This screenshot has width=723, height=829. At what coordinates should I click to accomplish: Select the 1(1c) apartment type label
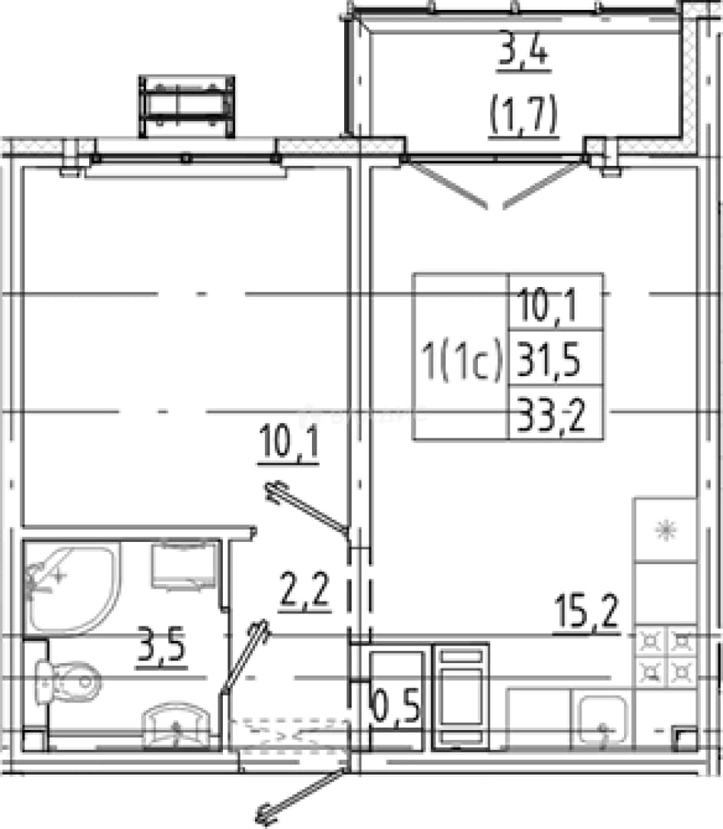pos(460,360)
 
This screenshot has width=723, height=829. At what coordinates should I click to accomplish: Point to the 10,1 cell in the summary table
pos(547,305)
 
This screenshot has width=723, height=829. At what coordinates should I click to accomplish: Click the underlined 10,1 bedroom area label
pos(289,443)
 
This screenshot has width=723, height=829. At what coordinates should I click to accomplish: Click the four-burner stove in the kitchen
pos(666,657)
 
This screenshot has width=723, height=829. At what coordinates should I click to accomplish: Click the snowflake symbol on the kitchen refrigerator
pos(666,530)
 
